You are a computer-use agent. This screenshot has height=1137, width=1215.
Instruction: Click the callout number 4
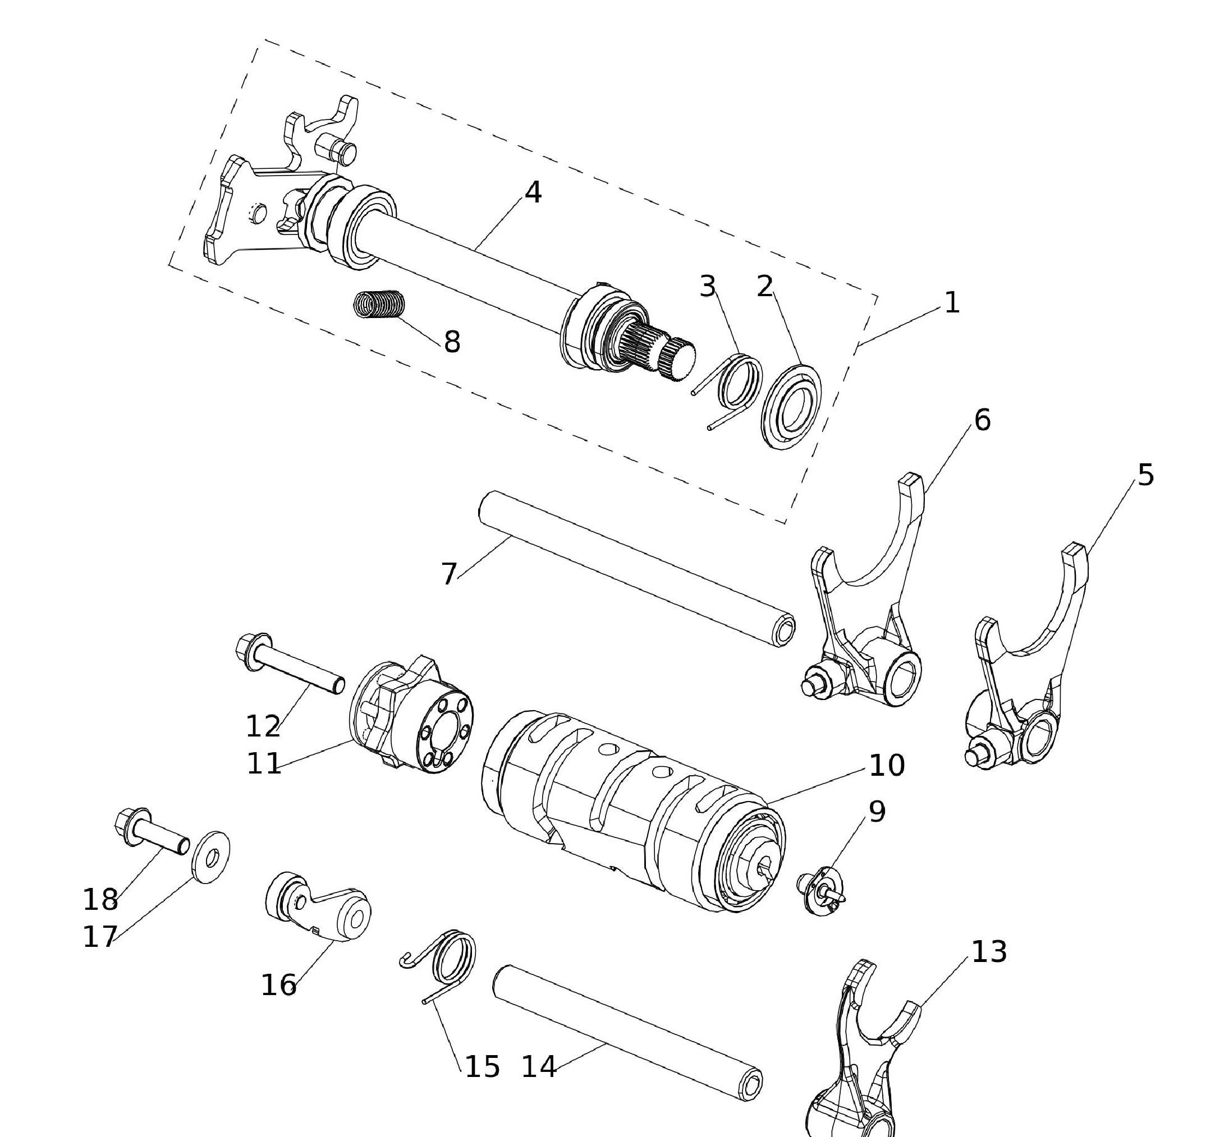click(533, 192)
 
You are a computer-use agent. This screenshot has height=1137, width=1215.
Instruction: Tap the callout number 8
click(452, 342)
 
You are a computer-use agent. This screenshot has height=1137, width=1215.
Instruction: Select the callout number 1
click(952, 303)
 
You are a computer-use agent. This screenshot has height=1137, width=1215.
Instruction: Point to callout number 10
click(887, 765)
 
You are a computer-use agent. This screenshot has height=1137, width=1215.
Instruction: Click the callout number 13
click(989, 952)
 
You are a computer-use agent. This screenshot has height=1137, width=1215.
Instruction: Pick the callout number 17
click(100, 937)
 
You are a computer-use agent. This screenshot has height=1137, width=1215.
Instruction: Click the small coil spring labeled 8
click(380, 303)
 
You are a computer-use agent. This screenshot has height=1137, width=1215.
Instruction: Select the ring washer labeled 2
click(791, 406)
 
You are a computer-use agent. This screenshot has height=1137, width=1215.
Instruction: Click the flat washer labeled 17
click(211, 857)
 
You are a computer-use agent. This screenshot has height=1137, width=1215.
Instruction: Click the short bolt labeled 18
click(152, 831)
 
